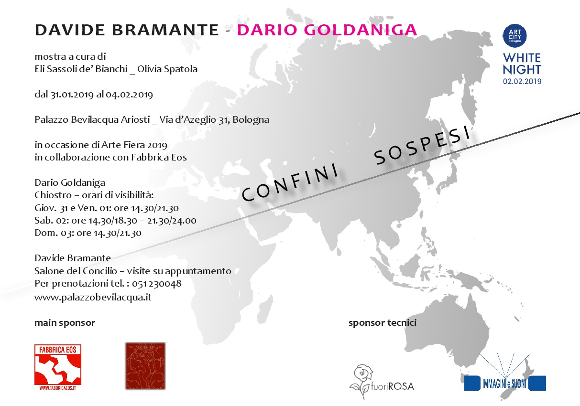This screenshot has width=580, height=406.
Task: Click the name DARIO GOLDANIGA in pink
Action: [x=327, y=30]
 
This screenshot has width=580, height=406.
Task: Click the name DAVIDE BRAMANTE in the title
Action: [x=127, y=30]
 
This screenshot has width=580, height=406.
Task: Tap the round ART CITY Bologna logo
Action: [x=514, y=36]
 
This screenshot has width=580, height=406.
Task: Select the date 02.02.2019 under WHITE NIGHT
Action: [x=522, y=81]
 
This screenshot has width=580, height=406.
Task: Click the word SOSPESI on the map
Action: [x=423, y=145]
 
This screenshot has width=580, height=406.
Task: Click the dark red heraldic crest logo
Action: [x=145, y=366]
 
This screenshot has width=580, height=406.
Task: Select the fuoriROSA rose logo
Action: [x=382, y=382]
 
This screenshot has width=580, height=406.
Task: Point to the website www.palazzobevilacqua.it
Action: [x=93, y=297]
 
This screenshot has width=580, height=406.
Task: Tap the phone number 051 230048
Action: [x=157, y=283]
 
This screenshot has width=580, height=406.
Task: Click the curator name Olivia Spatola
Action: [x=167, y=69]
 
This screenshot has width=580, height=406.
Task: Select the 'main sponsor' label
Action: [x=65, y=323]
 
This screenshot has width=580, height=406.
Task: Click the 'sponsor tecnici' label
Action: [x=383, y=323]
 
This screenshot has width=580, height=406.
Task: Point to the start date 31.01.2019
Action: [x=72, y=95]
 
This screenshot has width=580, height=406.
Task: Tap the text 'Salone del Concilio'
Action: [x=76, y=271]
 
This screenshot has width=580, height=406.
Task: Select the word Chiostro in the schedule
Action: [x=53, y=195]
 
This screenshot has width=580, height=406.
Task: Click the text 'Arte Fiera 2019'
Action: [x=134, y=145]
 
